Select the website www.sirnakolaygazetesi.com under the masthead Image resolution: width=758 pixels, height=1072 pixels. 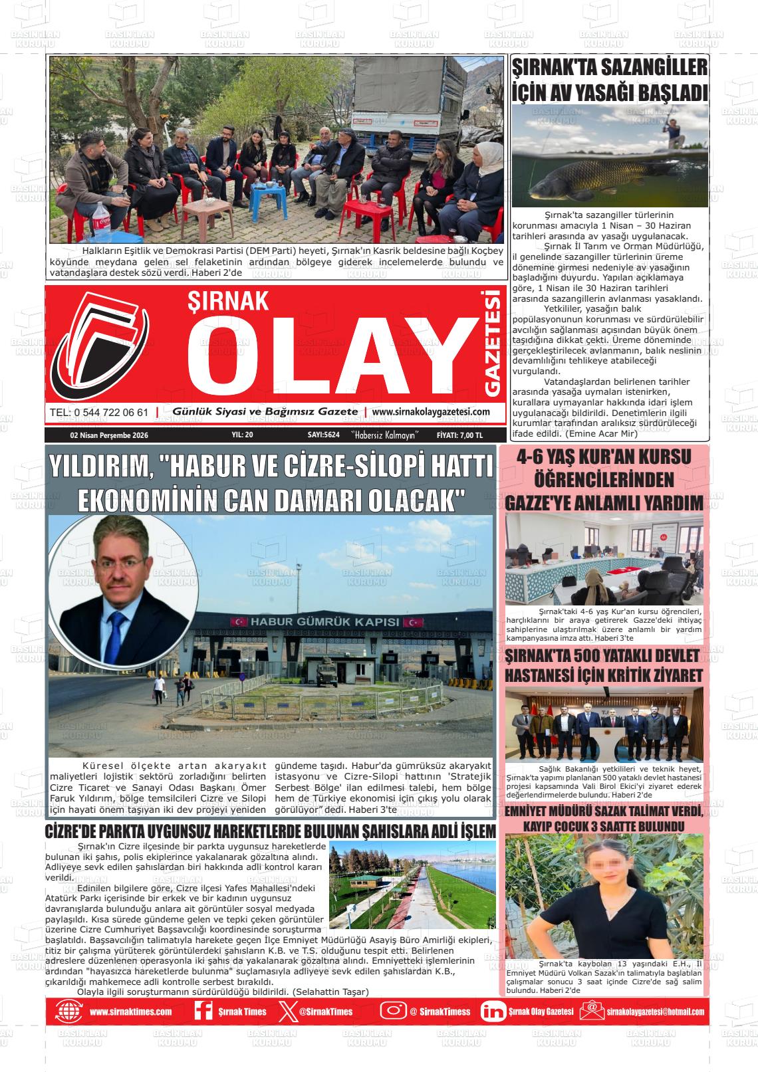click(x=431, y=412)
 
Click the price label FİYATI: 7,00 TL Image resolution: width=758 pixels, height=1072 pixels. click(x=459, y=435)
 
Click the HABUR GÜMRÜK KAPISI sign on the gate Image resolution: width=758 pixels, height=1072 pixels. click(x=325, y=622)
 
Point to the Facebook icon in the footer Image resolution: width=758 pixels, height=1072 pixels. click(x=203, y=1011)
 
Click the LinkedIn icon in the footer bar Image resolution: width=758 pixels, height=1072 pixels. click(x=493, y=1011)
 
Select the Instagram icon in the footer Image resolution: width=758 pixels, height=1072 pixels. click(x=393, y=1011)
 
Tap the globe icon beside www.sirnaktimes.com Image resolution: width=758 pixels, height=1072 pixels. click(x=70, y=1011)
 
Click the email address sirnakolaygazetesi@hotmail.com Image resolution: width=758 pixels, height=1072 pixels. click(x=655, y=1012)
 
